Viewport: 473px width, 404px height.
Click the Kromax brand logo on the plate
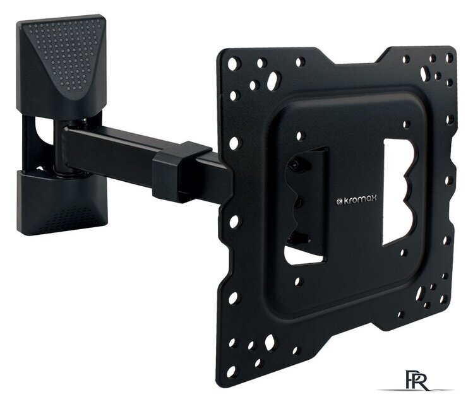tap(356, 199)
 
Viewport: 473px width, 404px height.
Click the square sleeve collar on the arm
tap(182, 172)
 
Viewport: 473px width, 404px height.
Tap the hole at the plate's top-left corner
tap(234, 64)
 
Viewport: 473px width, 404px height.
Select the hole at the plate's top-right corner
tap(449, 57)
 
